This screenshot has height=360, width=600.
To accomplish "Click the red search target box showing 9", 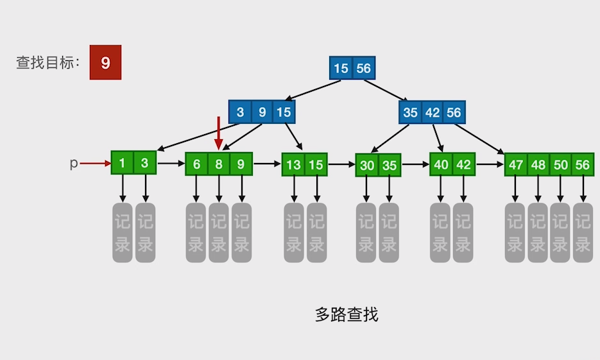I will pyautogui.click(x=105, y=63).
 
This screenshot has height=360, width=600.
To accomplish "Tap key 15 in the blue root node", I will pyautogui.click(x=341, y=68).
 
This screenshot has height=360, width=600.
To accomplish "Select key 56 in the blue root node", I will pyautogui.click(x=363, y=68).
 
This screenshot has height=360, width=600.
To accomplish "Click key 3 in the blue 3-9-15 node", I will pyautogui.click(x=240, y=112).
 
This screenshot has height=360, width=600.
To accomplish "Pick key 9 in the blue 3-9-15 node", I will pyautogui.click(x=262, y=112).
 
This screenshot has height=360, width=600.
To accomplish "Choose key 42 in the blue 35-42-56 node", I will pyautogui.click(x=433, y=112).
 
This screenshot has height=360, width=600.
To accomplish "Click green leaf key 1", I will pyautogui.click(x=122, y=164).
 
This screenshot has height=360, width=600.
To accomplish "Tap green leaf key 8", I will pyautogui.click(x=219, y=164).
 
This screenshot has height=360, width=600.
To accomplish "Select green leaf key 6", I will pyautogui.click(x=196, y=164).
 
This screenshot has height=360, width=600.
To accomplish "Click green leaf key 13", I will pyautogui.click(x=293, y=165).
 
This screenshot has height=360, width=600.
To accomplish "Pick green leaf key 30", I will pyautogui.click(x=367, y=165).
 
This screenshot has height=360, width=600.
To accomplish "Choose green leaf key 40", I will pyautogui.click(x=441, y=164).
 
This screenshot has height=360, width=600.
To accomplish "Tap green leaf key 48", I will pyautogui.click(x=538, y=165).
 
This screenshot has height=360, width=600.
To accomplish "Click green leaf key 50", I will pyautogui.click(x=561, y=165).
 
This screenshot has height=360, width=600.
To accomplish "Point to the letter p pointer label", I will pyautogui.click(x=73, y=164).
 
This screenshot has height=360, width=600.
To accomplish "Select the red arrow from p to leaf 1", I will pyautogui.click(x=96, y=164).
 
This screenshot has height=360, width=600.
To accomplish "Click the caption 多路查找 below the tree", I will pyautogui.click(x=347, y=314).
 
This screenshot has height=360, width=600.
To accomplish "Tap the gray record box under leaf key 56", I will pyautogui.click(x=583, y=232).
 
